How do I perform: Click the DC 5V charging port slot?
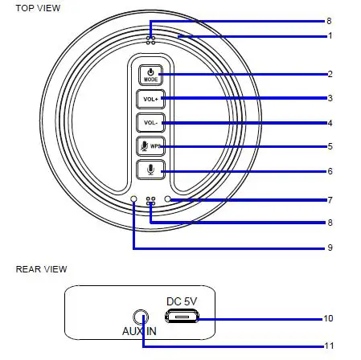pos(183,318)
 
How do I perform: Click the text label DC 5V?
pos(182,301)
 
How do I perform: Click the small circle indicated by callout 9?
pos(134,198)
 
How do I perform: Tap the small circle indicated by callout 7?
pos(167,198)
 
